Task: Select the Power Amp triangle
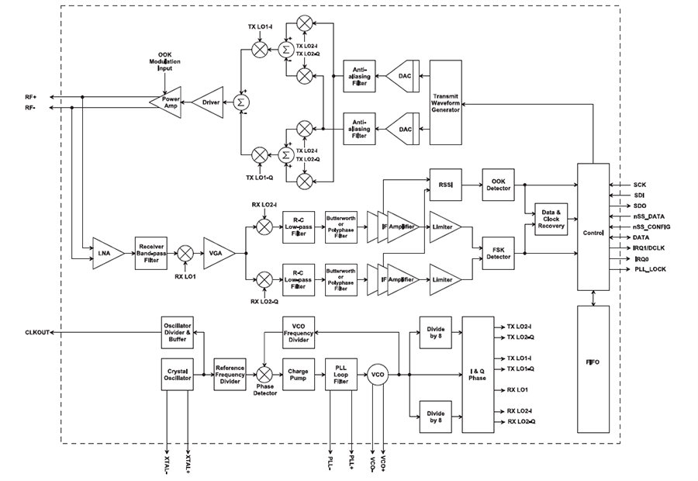point(168,102)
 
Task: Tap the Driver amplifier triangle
point(209,102)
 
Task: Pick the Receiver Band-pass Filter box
point(152,253)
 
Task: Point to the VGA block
point(218,253)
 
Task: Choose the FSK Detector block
point(497,253)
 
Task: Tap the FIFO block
point(593,369)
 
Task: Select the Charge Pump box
point(299,374)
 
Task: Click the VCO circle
point(378,374)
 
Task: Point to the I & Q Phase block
point(477,374)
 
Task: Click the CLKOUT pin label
point(38,332)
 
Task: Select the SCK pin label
point(639,185)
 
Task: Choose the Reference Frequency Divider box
point(230,374)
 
